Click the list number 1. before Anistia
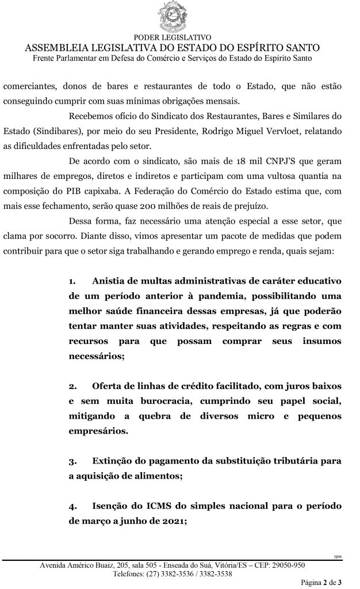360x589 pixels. click(72, 281)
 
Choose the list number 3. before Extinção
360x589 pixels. click(72, 461)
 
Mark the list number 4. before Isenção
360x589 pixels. click(72, 507)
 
